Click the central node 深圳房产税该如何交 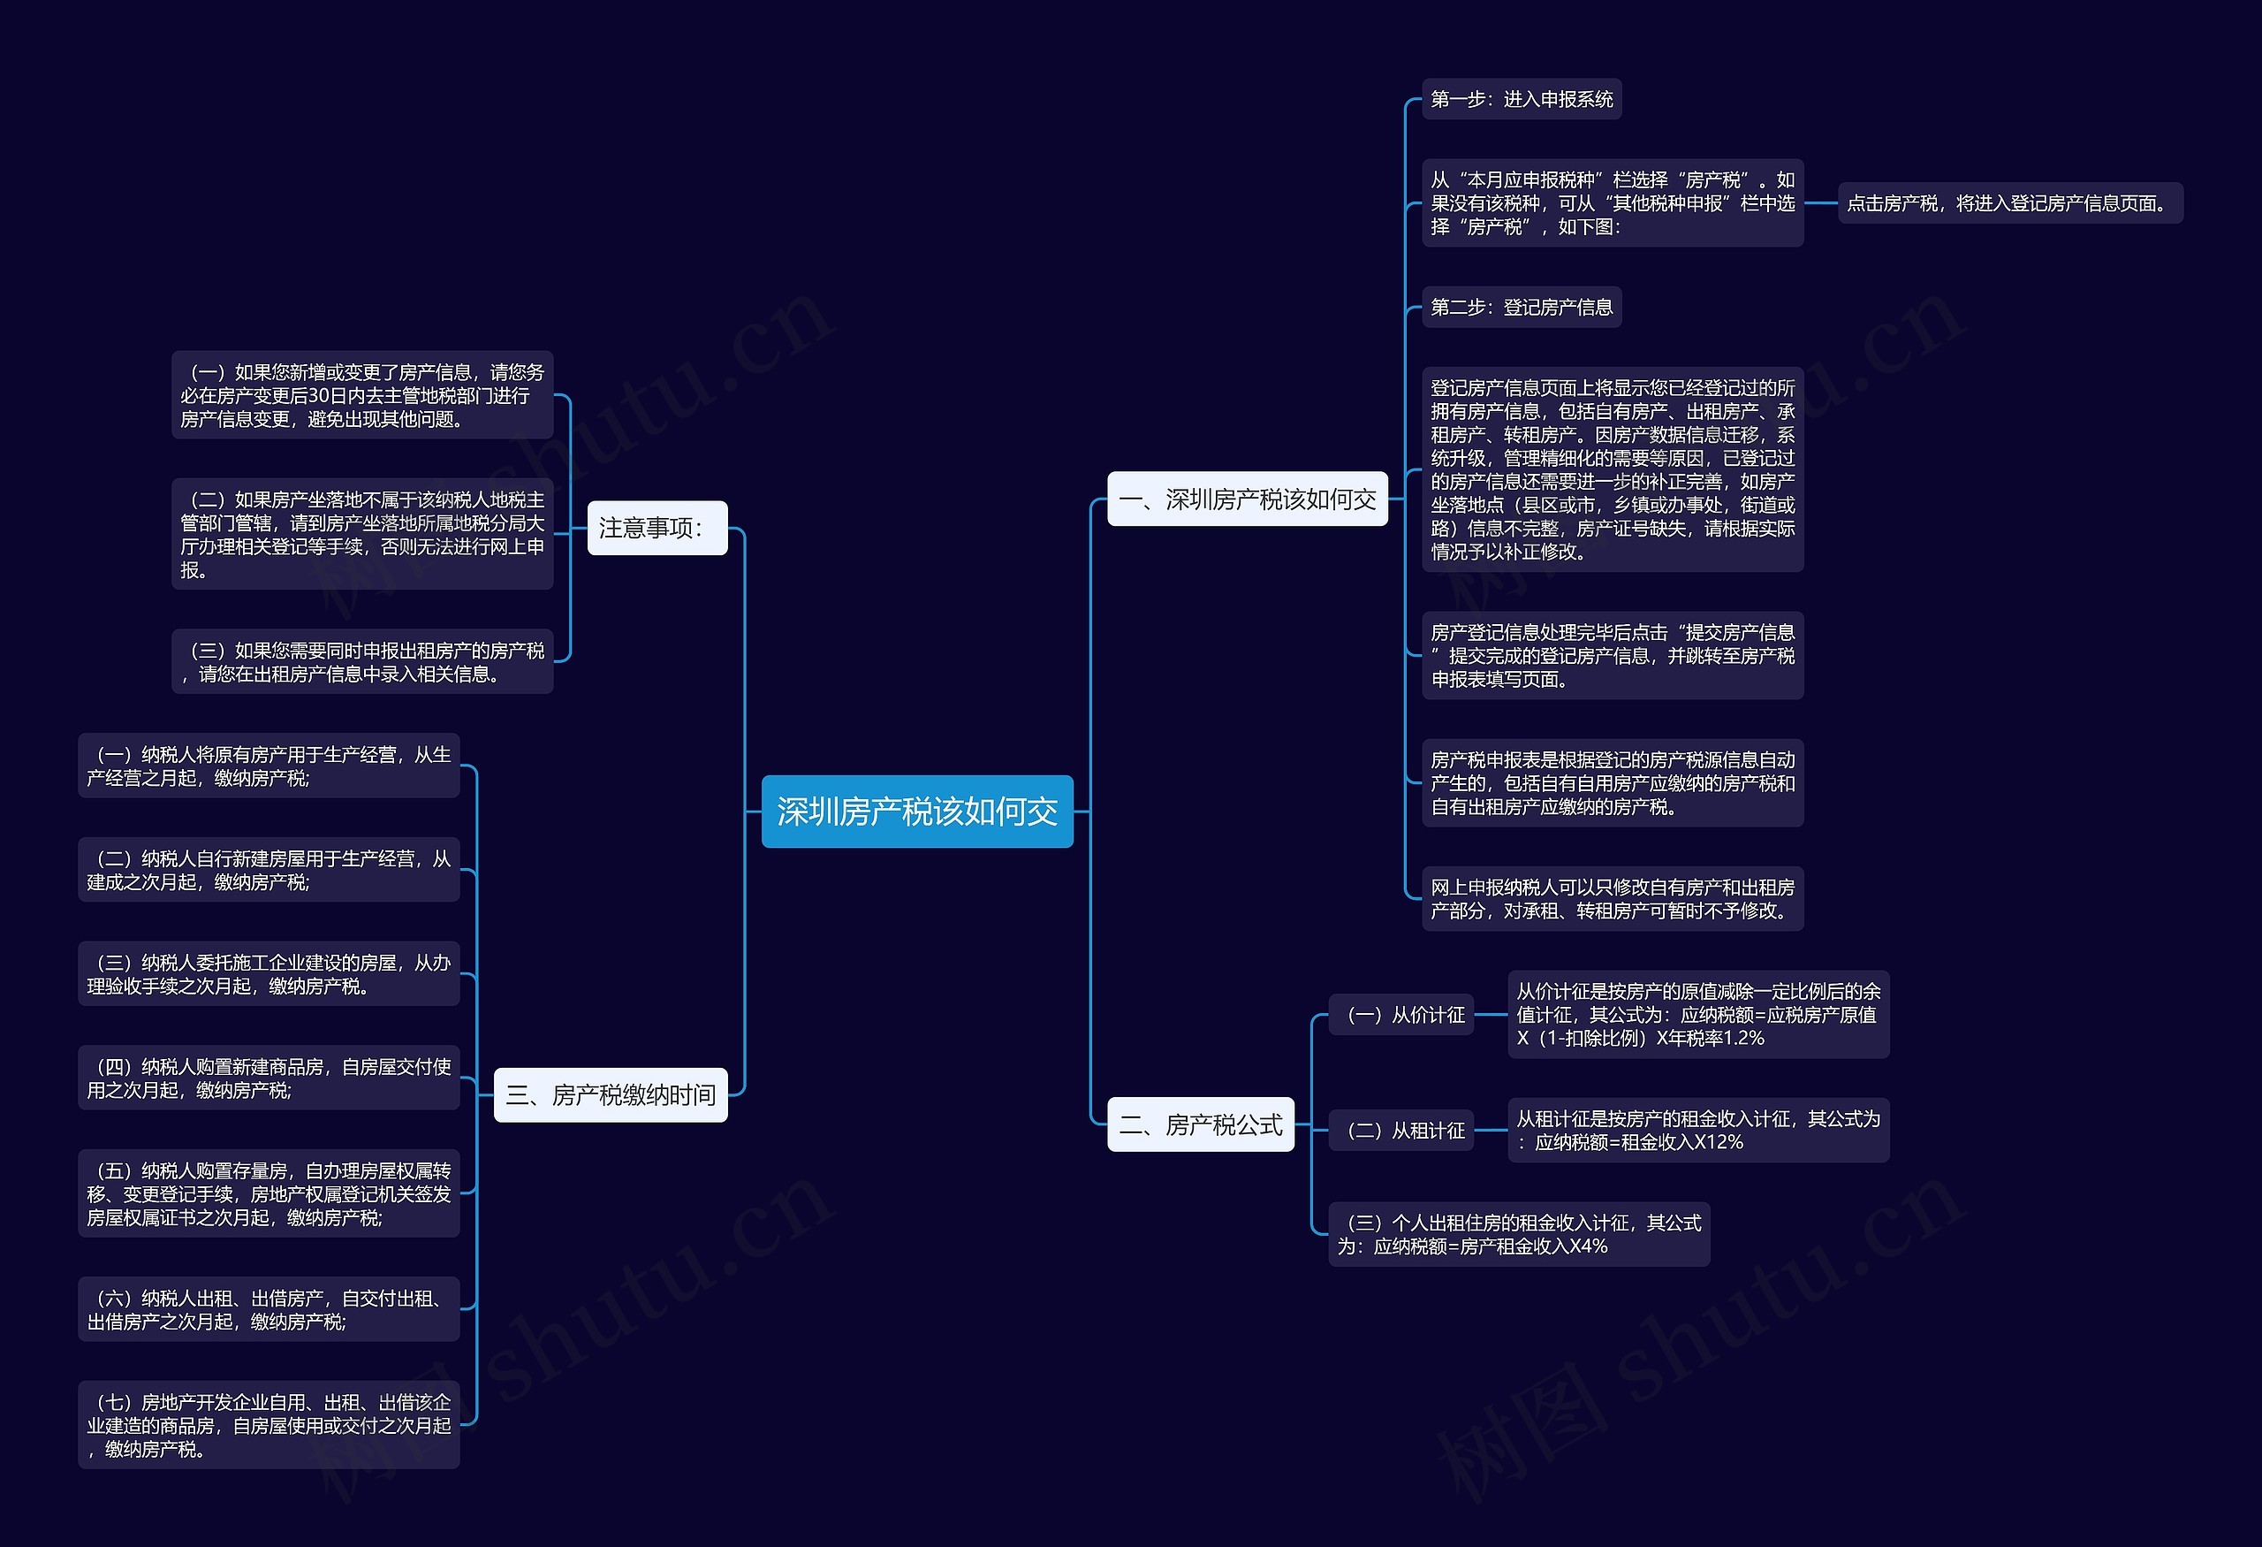coord(916,811)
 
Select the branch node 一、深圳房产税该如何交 coord(1247,499)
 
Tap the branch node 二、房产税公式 coord(1200,1124)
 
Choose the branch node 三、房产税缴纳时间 coord(611,1095)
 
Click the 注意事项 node coord(657,528)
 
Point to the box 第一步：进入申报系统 coord(1521,99)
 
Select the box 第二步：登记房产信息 coord(1521,308)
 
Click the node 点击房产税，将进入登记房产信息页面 coord(2009,203)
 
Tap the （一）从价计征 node coord(1400,1015)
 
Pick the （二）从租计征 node coord(1400,1131)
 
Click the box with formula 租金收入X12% coord(1697,1131)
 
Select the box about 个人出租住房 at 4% coord(1518,1234)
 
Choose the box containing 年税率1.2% coord(1697,1015)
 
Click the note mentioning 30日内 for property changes coord(362,395)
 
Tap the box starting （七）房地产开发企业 coord(269,1425)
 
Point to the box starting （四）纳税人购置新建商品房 coord(269,1078)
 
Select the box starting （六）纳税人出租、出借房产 coord(269,1309)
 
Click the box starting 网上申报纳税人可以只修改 coord(1612,899)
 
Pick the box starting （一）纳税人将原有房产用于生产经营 coord(269,766)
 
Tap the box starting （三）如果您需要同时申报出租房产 coord(362,662)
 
